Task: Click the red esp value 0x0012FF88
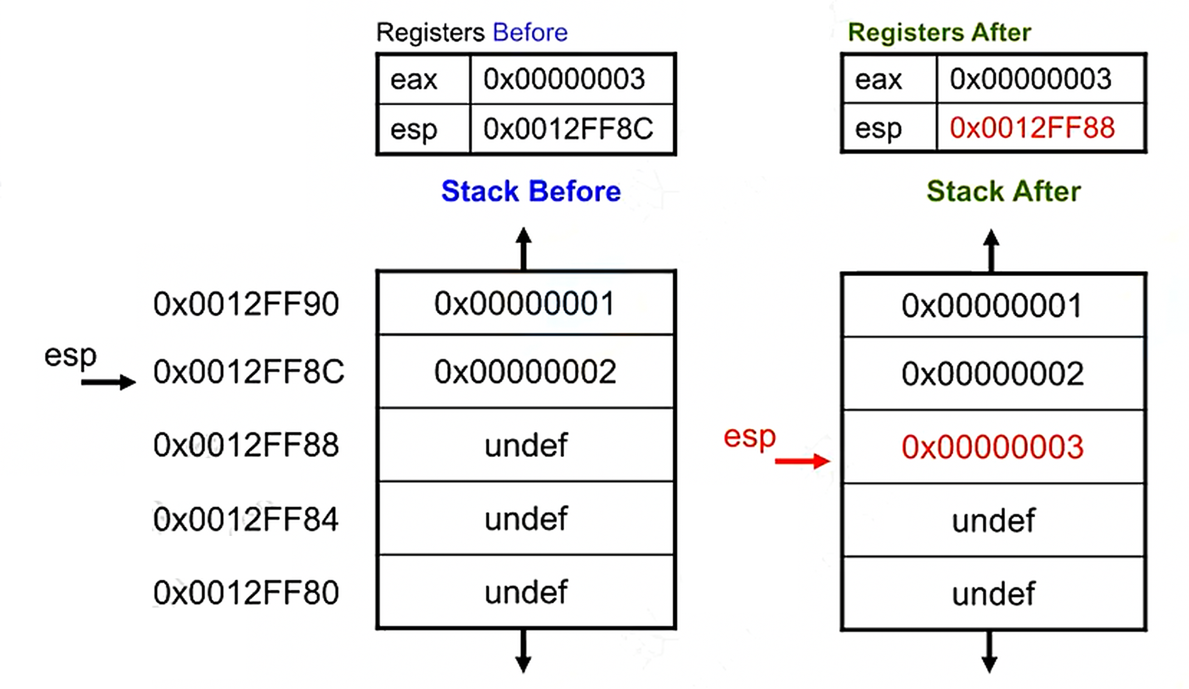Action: pos(1032,128)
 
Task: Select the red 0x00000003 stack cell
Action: pos(993,447)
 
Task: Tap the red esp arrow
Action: pos(802,461)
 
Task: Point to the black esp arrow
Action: pos(108,382)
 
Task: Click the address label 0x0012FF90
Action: pos(246,304)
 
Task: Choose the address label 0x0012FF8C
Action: pos(249,372)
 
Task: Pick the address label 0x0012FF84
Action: pos(246,519)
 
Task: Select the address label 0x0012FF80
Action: pos(246,592)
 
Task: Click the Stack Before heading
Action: pos(531,191)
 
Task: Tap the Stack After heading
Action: pos(1004,191)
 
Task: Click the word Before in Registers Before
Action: pos(530,32)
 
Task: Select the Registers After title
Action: pos(939,32)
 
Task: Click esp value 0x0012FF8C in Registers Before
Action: pos(568,129)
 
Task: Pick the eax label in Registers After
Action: pos(878,80)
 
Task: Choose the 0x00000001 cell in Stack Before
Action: pos(525,303)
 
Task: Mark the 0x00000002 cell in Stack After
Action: pos(993,374)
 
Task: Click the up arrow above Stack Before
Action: pos(523,249)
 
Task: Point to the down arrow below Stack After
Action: pos(990,652)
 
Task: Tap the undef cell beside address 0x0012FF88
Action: pos(526,445)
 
